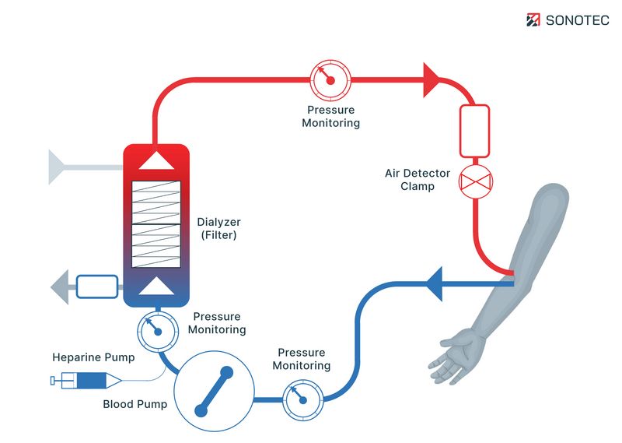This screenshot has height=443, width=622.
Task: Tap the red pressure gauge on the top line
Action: click(330, 79)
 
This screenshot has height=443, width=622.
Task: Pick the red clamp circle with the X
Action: click(473, 182)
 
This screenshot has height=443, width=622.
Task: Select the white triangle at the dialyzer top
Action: click(156, 161)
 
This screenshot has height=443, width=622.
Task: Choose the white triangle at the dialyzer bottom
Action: click(156, 286)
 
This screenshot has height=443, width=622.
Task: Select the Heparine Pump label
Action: click(93, 358)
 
